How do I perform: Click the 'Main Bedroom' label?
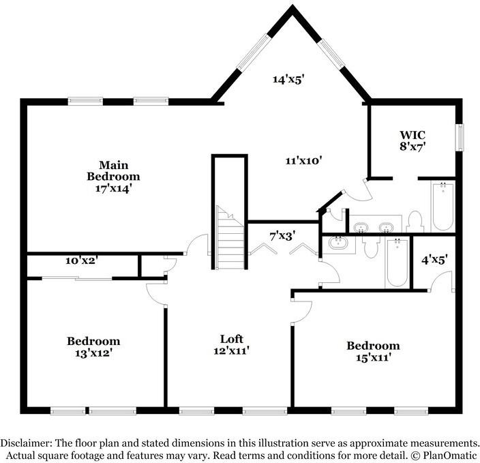(x=113, y=170)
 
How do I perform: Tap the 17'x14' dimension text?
(x=113, y=188)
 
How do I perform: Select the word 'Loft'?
(x=231, y=339)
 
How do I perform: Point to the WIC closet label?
(x=413, y=134)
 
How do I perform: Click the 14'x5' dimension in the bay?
(x=288, y=79)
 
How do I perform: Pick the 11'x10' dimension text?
(x=303, y=161)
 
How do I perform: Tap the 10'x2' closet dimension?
(x=81, y=260)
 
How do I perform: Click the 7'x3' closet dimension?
(x=282, y=237)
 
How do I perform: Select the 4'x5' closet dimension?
(x=434, y=258)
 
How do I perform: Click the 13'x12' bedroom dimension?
(x=93, y=353)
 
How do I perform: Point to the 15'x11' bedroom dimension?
(x=372, y=357)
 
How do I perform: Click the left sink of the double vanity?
(x=361, y=226)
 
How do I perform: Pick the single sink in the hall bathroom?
(x=337, y=242)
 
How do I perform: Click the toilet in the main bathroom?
(x=415, y=221)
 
